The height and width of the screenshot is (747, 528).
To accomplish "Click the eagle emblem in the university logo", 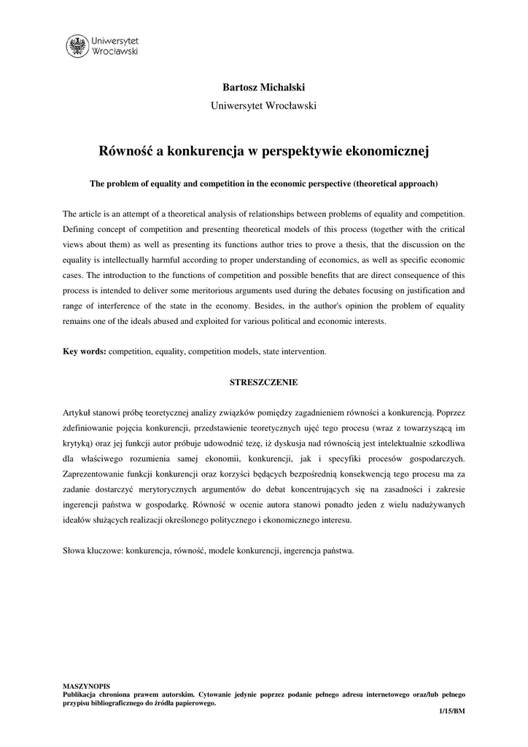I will pyautogui.click(x=76, y=46).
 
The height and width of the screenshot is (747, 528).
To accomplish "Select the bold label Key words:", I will pyautogui.click(x=85, y=351).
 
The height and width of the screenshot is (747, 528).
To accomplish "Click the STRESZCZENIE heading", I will pyautogui.click(x=264, y=382).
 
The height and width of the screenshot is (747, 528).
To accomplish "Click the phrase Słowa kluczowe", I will pyautogui.click(x=93, y=551).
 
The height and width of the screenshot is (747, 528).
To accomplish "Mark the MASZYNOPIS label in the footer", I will pyautogui.click(x=86, y=686).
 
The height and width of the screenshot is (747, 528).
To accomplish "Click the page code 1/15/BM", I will pyautogui.click(x=451, y=711).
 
